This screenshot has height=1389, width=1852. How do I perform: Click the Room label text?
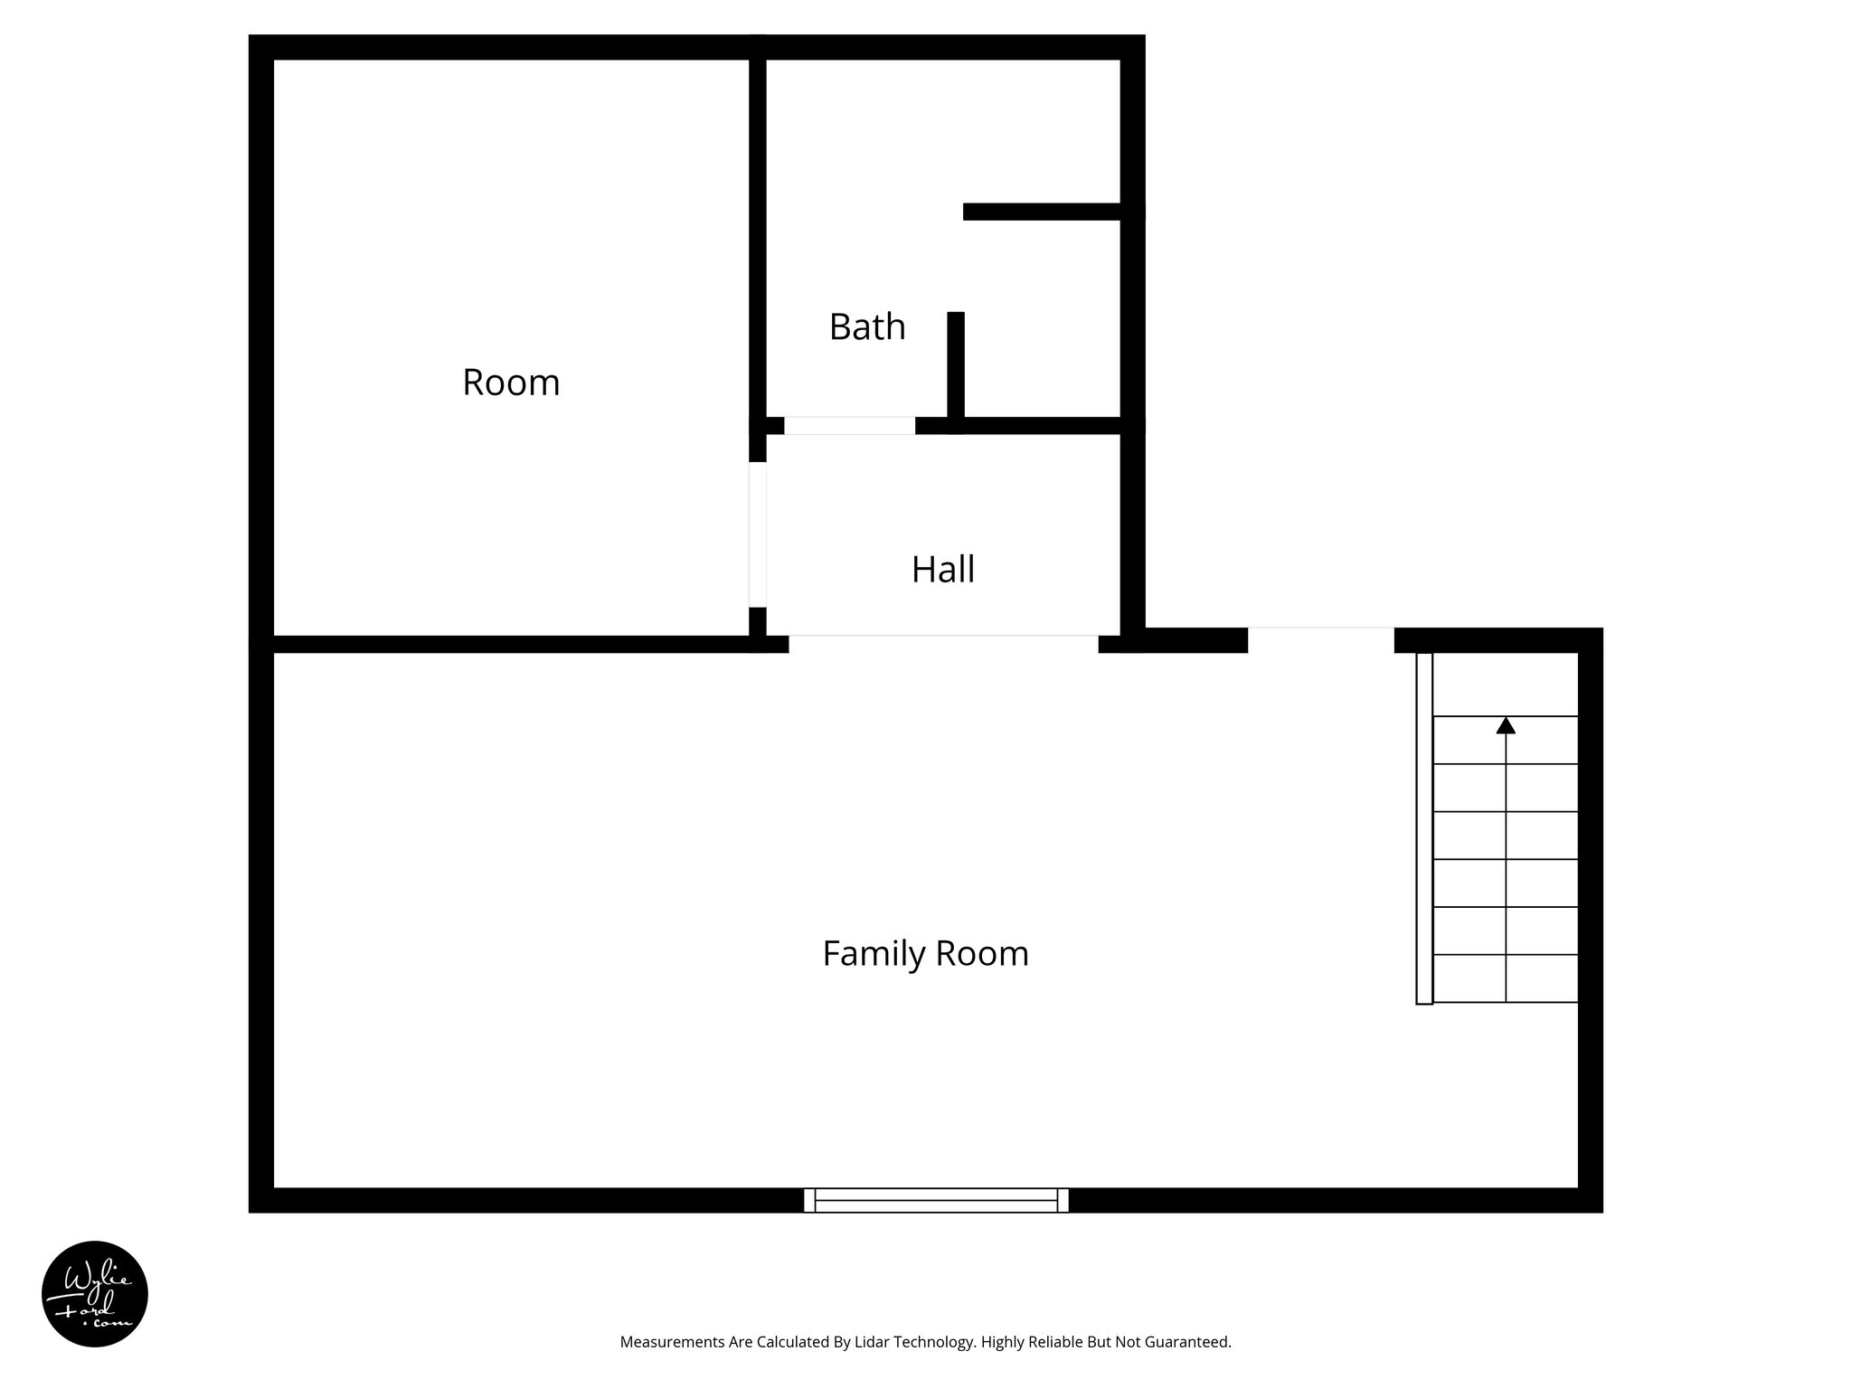pos(511,383)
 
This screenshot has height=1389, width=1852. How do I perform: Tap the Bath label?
pos(866,326)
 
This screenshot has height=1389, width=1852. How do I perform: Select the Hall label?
pos(942,570)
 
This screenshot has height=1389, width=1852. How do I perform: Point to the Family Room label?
pos(925,954)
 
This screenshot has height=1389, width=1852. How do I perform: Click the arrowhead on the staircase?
pos(1506,725)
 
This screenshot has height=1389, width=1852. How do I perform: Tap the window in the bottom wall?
pos(936,1200)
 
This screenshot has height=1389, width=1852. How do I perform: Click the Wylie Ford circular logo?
pos(95,1294)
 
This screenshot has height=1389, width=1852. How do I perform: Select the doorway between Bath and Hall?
pos(849,426)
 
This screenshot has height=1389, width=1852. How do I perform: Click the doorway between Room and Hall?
pos(758,534)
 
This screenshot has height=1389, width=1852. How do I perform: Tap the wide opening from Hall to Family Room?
pos(943,643)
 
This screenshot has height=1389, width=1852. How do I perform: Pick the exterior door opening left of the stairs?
pos(1320,639)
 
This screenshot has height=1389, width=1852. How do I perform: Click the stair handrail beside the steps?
pos(1424,827)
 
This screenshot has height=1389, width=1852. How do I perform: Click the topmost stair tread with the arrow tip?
pos(1506,741)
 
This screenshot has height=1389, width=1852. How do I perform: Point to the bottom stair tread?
pos(1506,978)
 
